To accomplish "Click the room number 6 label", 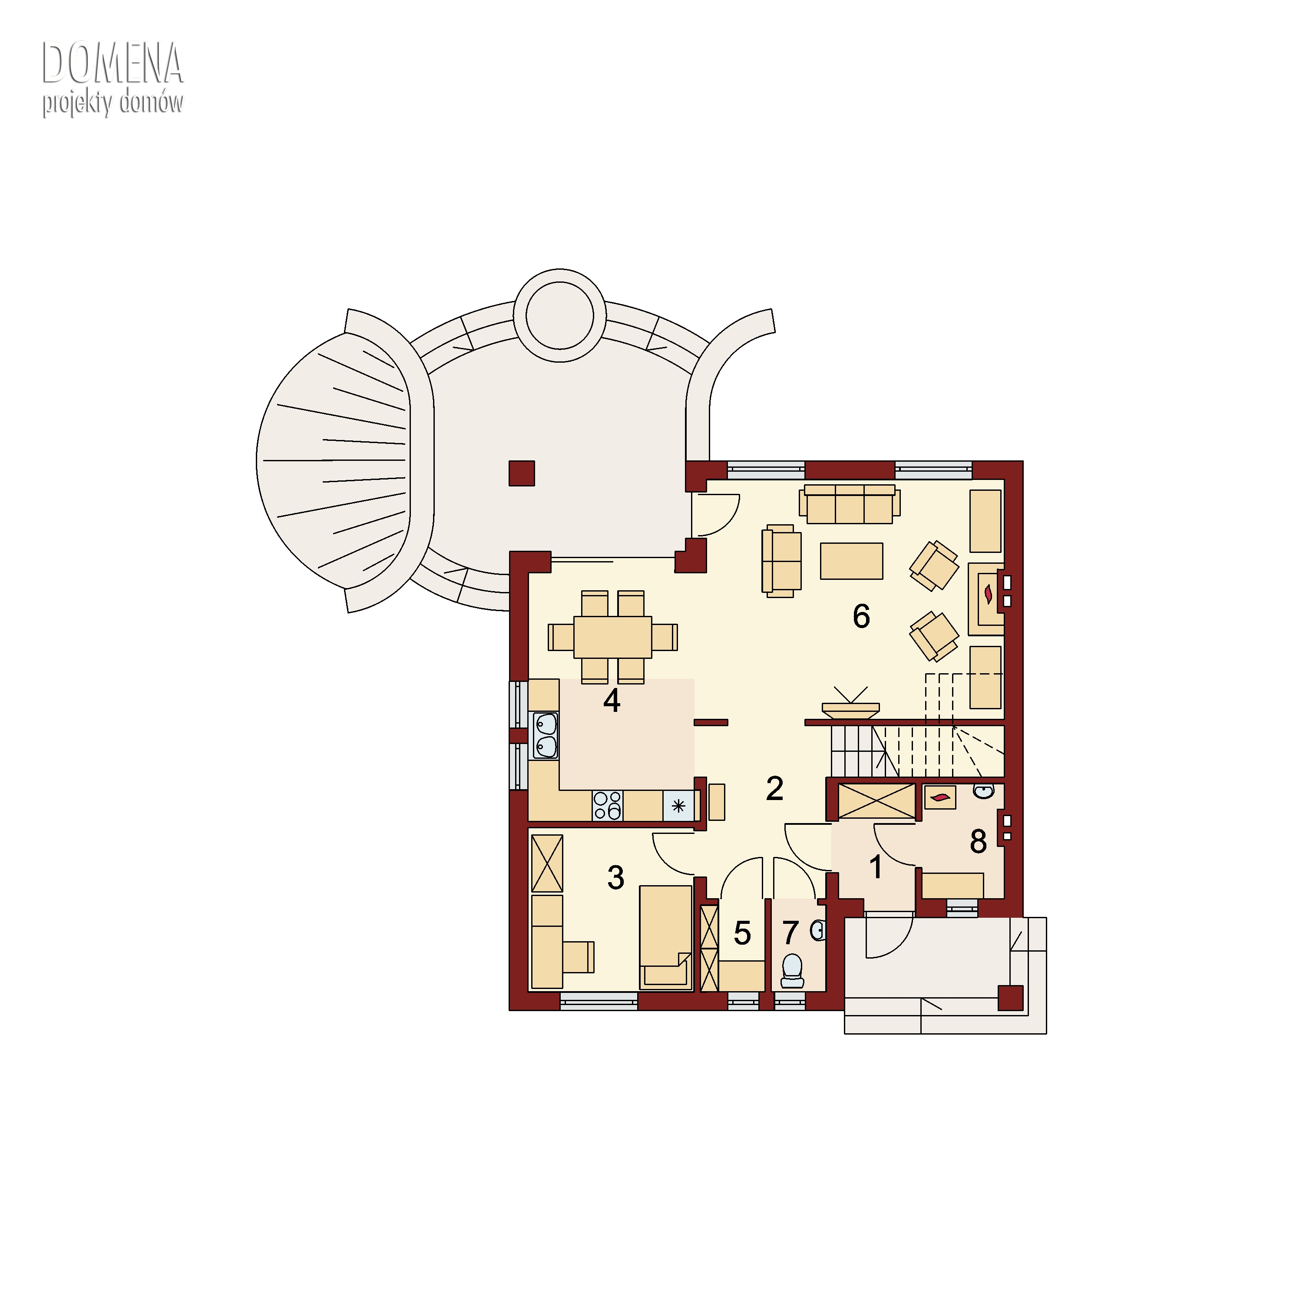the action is pos(861,616).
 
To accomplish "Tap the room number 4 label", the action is pos(612,701).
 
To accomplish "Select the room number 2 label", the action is pos(774,788).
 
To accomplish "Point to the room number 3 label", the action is pos(616,877).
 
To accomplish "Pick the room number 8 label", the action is pos(978,841).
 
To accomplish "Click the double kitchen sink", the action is pos(545,735).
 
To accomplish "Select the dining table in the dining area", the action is pos(612,637).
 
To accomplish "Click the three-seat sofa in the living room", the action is pos(850,504).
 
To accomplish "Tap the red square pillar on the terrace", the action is pos(521,473).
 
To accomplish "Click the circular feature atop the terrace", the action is pos(560,316).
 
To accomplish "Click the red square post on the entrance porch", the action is pos(1010,998).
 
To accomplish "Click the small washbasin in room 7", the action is pos(818,931).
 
